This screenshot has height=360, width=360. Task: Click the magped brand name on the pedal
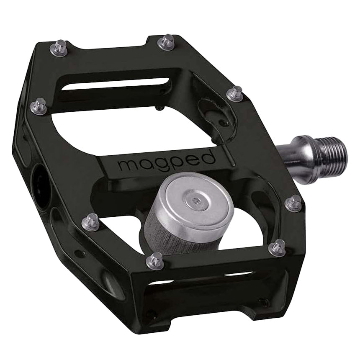(166, 161)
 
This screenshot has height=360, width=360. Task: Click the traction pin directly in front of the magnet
(156, 260)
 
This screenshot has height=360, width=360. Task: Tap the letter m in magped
(125, 165)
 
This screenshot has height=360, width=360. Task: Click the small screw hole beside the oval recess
(226, 124)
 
